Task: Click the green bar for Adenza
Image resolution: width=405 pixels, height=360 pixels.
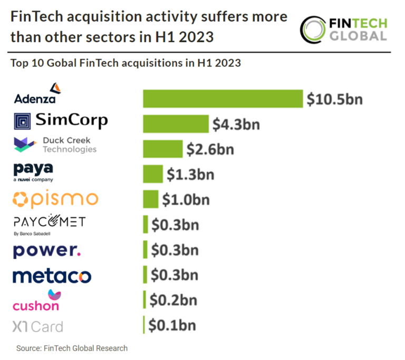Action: (223, 99)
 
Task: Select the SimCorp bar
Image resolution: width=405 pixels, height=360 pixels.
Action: (176, 124)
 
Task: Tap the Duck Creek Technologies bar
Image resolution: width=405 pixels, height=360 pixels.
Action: (162, 149)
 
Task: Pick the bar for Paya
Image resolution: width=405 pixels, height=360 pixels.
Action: (152, 173)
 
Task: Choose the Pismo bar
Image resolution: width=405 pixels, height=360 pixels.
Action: (150, 199)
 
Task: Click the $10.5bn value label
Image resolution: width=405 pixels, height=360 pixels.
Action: (335, 99)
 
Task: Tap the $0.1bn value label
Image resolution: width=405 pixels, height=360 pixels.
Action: (171, 325)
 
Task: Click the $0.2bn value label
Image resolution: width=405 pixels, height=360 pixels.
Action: (173, 300)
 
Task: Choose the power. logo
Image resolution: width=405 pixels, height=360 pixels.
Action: (47, 250)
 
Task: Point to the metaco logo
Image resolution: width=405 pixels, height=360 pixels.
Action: (52, 276)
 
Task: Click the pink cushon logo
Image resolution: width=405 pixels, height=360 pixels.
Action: (36, 300)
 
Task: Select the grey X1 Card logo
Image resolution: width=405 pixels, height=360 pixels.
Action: (37, 327)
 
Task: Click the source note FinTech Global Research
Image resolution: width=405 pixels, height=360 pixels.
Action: (72, 348)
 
